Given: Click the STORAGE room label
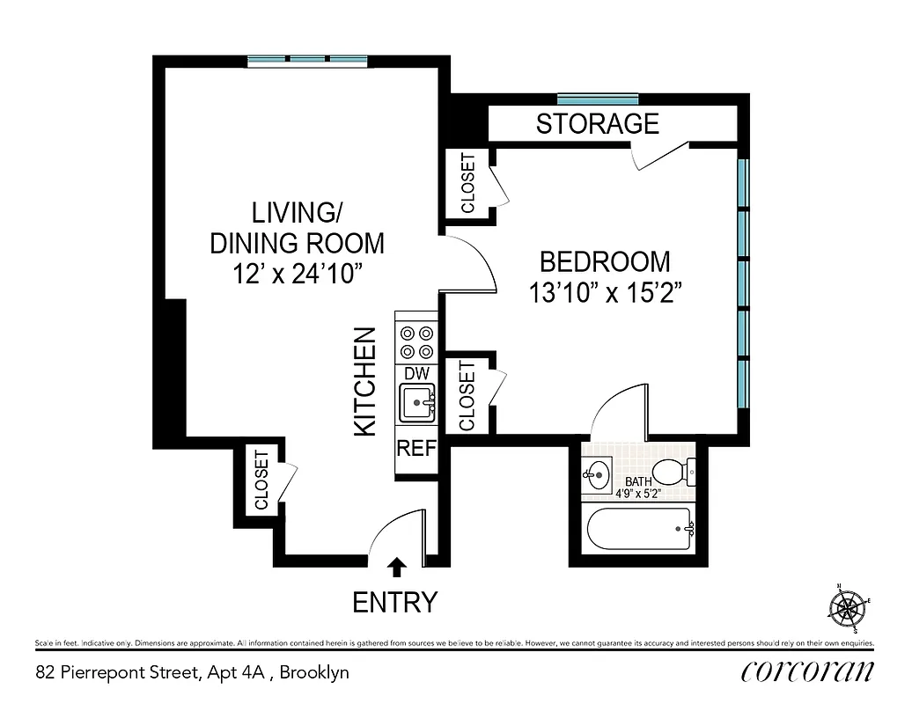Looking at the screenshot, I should (597, 124).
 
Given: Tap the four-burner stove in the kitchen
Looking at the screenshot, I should (416, 342).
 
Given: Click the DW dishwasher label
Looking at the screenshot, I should (416, 374).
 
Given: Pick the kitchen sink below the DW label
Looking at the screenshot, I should (416, 405).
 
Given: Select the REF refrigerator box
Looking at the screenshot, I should (416, 448).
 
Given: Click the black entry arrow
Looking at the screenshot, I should (397, 567).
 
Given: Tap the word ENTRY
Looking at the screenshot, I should (394, 603).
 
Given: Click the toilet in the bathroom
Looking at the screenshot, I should (675, 473).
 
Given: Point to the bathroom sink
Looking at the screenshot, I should (598, 475).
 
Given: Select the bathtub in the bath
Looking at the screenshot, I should (638, 530).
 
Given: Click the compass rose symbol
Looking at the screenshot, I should (847, 606).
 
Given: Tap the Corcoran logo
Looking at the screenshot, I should (807, 671).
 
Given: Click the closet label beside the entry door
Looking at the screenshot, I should (261, 480).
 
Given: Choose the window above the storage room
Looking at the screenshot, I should (598, 99).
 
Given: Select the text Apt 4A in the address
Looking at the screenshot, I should (244, 673).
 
